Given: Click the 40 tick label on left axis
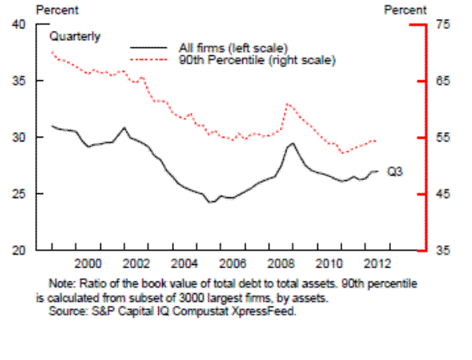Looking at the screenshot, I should pyautogui.click(x=20, y=24).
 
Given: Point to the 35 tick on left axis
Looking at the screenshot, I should pyautogui.click(x=20, y=81).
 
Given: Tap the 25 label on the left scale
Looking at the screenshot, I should pyautogui.click(x=20, y=193).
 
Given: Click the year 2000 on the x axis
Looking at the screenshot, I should pyautogui.click(x=88, y=262).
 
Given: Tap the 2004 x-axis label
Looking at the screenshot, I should pyautogui.click(x=183, y=262).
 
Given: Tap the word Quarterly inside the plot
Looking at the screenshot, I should pyautogui.click(x=76, y=36).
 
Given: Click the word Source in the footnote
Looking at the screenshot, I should pyautogui.click(x=66, y=310).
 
